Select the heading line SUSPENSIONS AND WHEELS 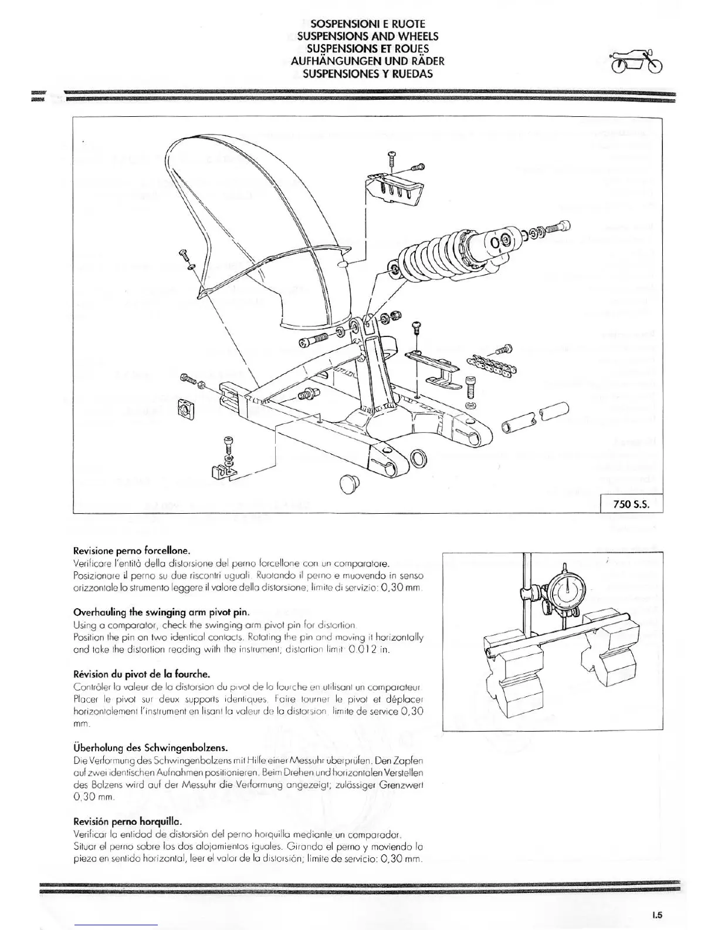(x=367, y=36)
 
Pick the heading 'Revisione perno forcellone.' (x=131, y=551)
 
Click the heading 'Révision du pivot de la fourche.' (x=141, y=673)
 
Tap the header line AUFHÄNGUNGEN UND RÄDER (x=367, y=60)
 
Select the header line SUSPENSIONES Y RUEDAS (x=367, y=73)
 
